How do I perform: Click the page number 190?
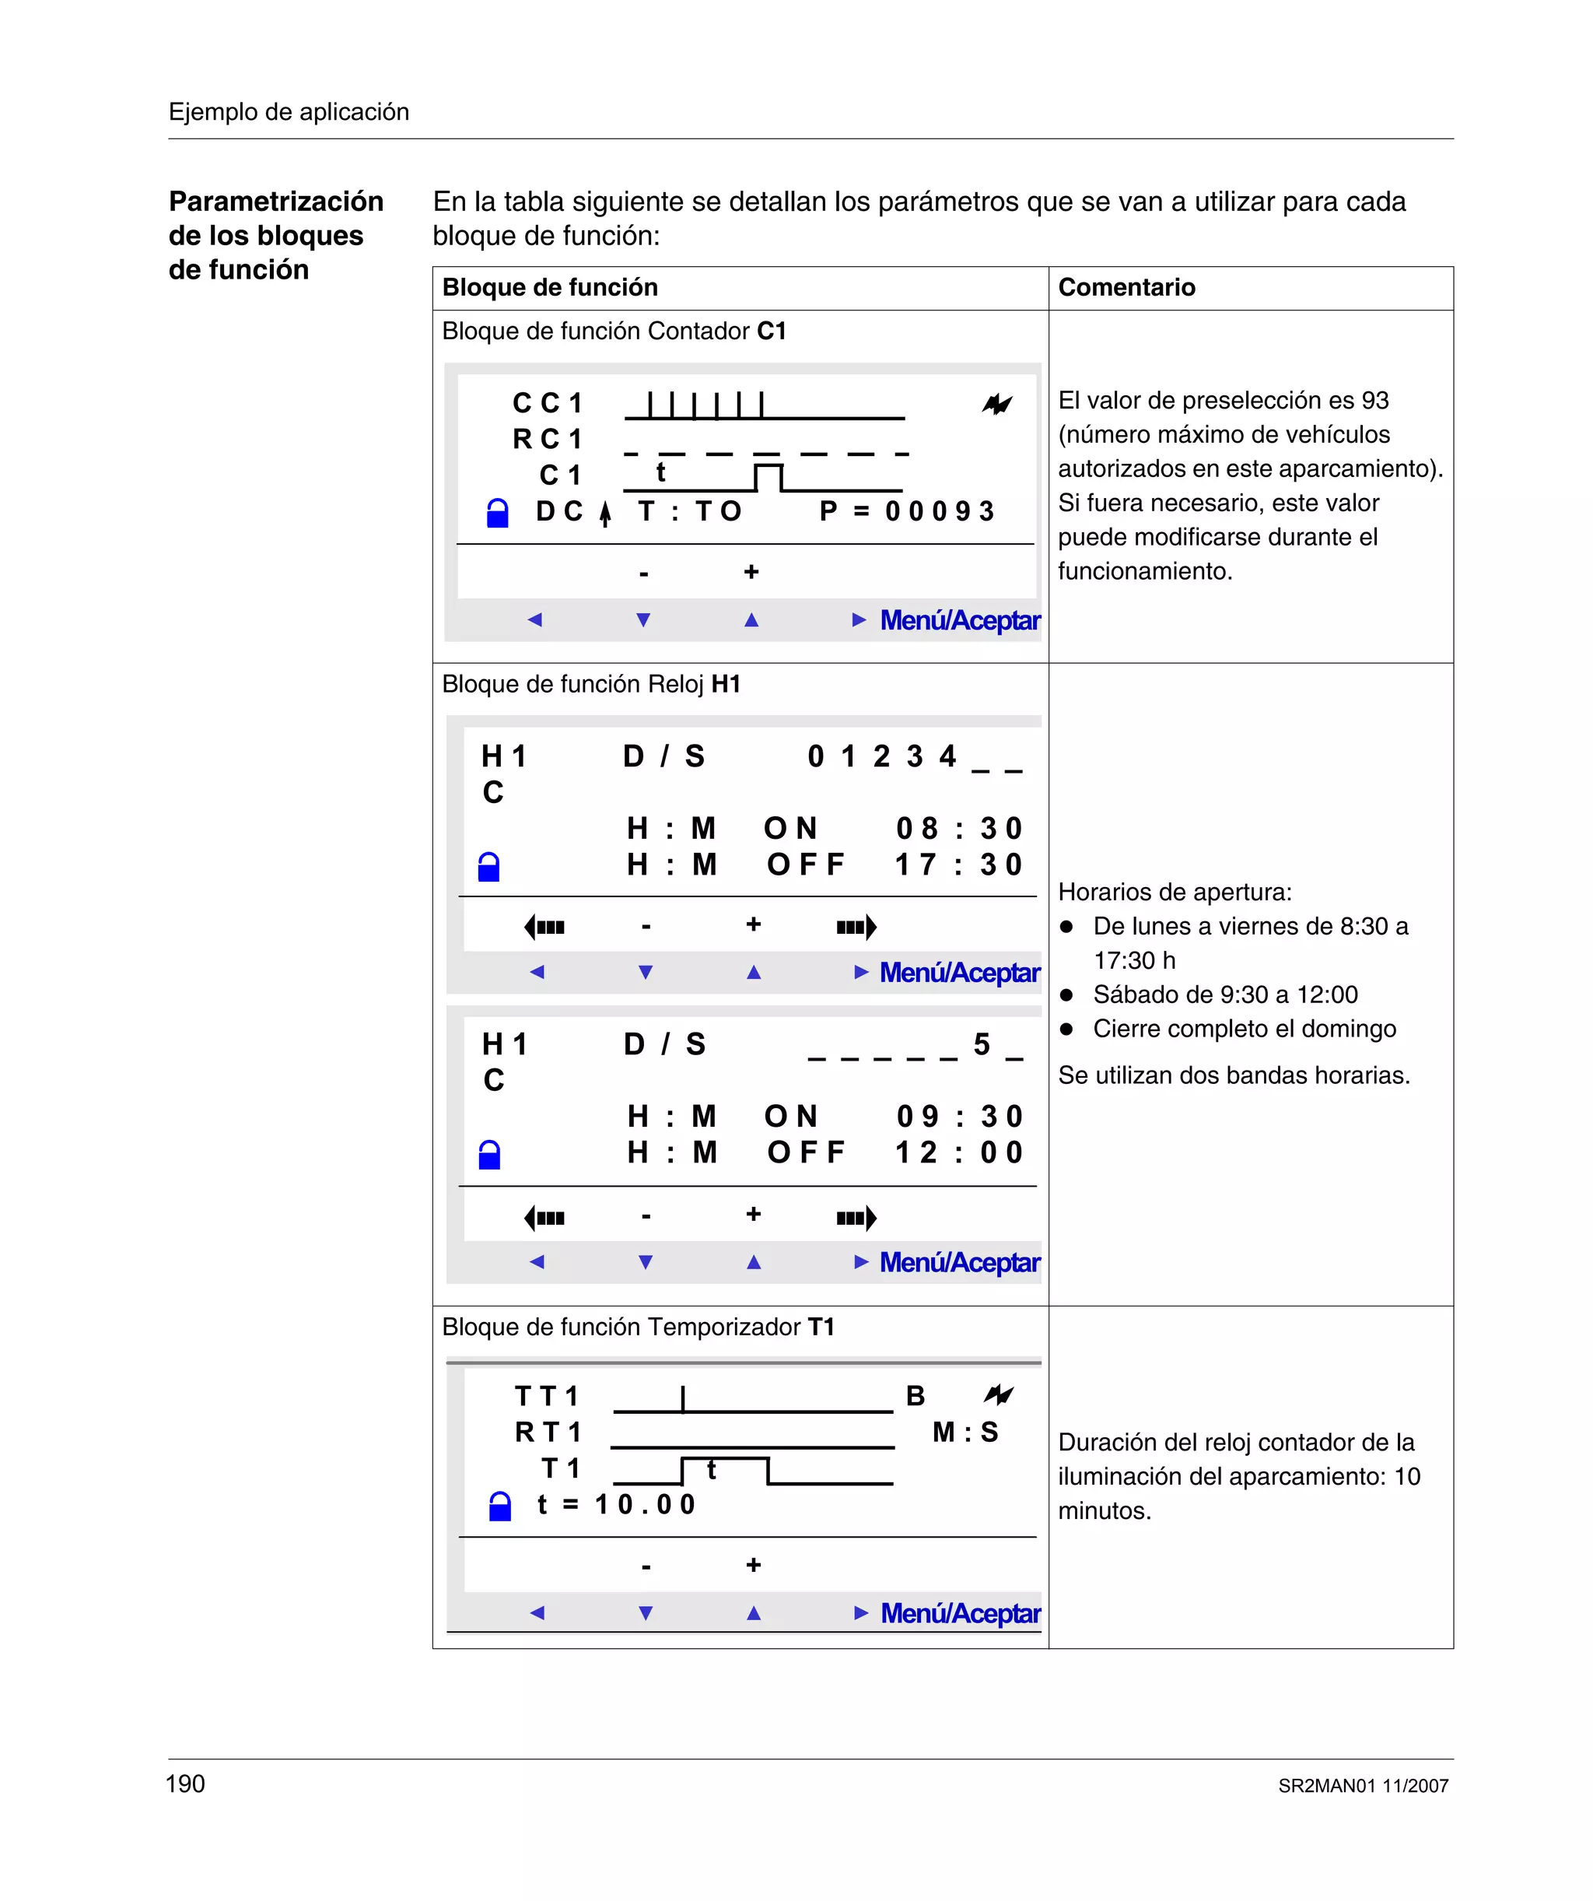(x=186, y=1784)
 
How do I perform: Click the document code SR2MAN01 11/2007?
(x=1362, y=1785)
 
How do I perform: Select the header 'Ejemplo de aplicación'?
(x=289, y=111)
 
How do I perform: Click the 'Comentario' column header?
(x=1126, y=287)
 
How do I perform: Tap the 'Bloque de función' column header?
(x=549, y=287)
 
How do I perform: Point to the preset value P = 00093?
(x=906, y=511)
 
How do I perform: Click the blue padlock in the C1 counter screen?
(x=497, y=514)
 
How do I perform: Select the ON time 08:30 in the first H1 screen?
(x=958, y=828)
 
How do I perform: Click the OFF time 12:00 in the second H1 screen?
(x=958, y=1152)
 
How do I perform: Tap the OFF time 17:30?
(x=958, y=865)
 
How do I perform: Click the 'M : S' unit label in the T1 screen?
(x=965, y=1432)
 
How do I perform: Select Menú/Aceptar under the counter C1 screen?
(x=959, y=620)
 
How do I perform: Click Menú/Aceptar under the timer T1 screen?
(x=959, y=1613)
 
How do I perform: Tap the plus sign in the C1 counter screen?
(x=751, y=572)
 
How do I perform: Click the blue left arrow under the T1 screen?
(x=537, y=1612)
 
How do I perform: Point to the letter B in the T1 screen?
(x=915, y=1396)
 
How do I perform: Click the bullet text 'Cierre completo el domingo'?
(x=1244, y=1029)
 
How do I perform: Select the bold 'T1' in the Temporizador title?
(x=821, y=1327)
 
